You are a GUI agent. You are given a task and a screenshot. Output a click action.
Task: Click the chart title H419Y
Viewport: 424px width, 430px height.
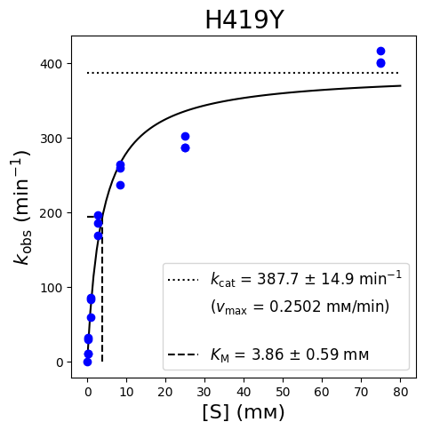[244, 20]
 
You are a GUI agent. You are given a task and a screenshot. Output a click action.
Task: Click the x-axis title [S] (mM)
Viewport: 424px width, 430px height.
[244, 412]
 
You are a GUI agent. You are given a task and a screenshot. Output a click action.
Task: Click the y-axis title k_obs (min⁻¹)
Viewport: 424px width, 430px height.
[21, 207]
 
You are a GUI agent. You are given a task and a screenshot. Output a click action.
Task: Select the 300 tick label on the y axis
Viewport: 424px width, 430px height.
[52, 139]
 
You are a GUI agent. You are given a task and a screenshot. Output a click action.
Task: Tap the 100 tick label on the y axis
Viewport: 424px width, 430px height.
[52, 288]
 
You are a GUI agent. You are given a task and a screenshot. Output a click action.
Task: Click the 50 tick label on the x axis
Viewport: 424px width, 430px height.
[283, 392]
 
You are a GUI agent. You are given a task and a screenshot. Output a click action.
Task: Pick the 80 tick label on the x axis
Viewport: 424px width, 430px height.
[401, 392]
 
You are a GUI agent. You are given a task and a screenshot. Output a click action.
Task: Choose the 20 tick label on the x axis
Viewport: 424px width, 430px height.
[165, 392]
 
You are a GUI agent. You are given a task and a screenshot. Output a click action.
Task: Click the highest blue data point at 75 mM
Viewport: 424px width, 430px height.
[380, 52]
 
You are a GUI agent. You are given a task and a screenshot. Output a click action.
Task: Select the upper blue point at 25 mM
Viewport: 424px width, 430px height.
[185, 137]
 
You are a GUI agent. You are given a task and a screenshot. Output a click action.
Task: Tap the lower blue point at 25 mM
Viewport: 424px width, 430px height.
[185, 148]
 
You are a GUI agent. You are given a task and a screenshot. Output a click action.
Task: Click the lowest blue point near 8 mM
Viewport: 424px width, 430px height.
[120, 186]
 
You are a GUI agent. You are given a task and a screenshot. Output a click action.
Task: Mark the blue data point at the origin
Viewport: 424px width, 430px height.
[87, 362]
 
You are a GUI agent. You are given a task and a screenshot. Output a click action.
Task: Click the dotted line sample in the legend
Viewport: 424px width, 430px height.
[183, 280]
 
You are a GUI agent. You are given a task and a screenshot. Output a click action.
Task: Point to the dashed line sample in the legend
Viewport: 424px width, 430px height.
[183, 354]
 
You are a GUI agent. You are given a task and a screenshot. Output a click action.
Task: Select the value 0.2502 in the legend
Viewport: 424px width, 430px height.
[295, 307]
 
